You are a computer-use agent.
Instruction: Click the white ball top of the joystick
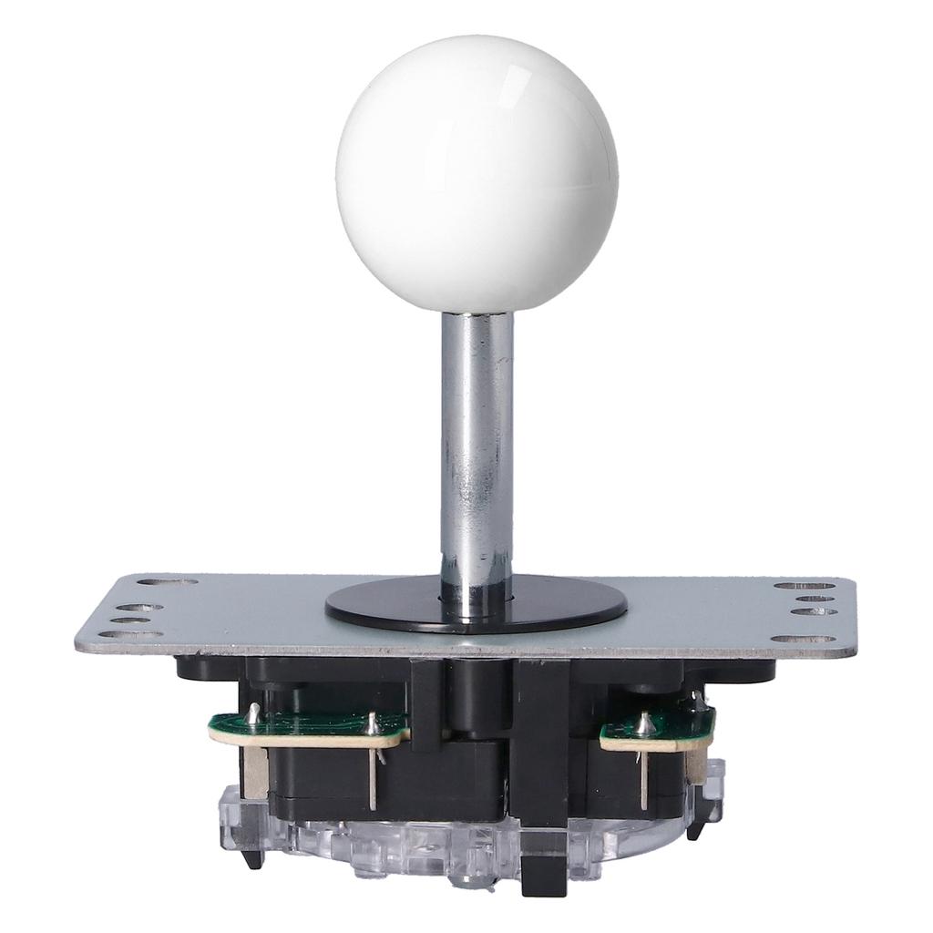(476, 173)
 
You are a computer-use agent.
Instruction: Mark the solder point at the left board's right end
(373, 723)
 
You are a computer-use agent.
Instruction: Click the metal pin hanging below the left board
(373, 774)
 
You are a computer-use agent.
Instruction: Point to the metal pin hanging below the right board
(644, 779)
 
